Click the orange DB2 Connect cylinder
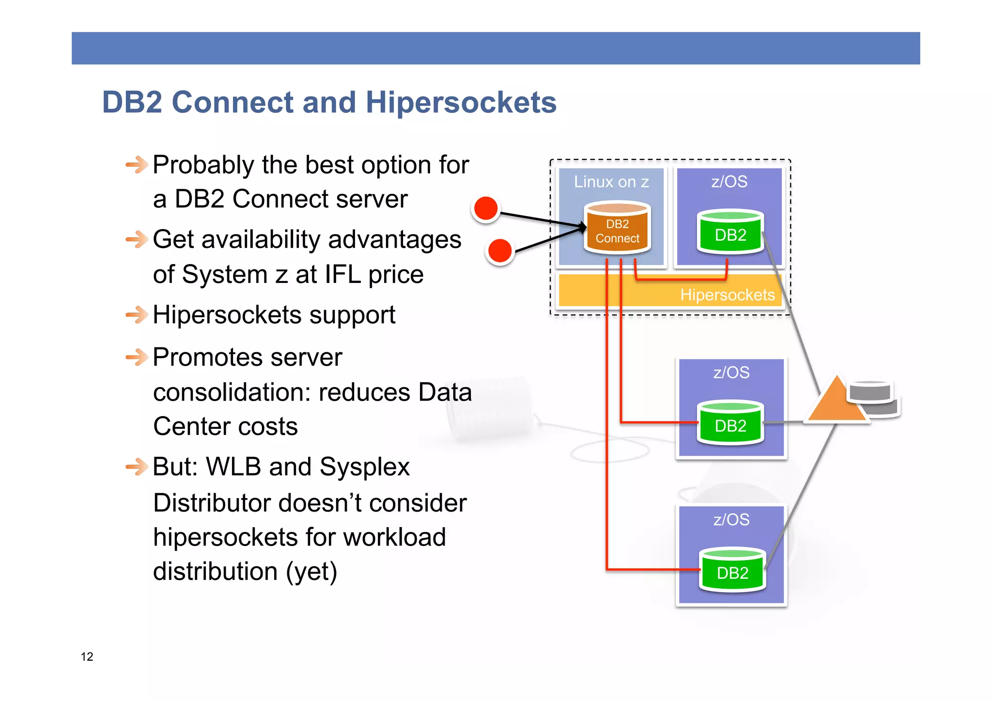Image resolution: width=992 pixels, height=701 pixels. [617, 229]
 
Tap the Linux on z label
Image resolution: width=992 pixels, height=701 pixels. [611, 182]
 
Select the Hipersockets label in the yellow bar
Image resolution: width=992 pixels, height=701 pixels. [727, 295]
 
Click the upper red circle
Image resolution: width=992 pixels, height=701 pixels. [486, 208]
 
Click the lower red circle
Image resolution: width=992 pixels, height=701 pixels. [500, 251]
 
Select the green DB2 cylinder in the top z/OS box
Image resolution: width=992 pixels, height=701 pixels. [730, 233]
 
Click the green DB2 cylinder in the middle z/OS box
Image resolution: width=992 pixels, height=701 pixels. [730, 423]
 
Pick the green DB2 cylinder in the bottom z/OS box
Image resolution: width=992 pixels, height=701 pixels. [732, 571]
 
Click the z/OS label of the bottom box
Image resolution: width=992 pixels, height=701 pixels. [731, 519]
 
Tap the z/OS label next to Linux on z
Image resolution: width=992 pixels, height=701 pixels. [729, 182]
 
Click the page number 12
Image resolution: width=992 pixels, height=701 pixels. [87, 656]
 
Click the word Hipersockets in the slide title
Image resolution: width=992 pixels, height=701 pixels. [461, 103]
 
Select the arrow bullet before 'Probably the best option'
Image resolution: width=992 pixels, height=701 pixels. [137, 165]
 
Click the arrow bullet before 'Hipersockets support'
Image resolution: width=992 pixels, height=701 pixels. [137, 315]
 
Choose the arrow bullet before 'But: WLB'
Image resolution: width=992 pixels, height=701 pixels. [137, 467]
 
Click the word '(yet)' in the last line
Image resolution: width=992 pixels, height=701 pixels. [311, 572]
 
